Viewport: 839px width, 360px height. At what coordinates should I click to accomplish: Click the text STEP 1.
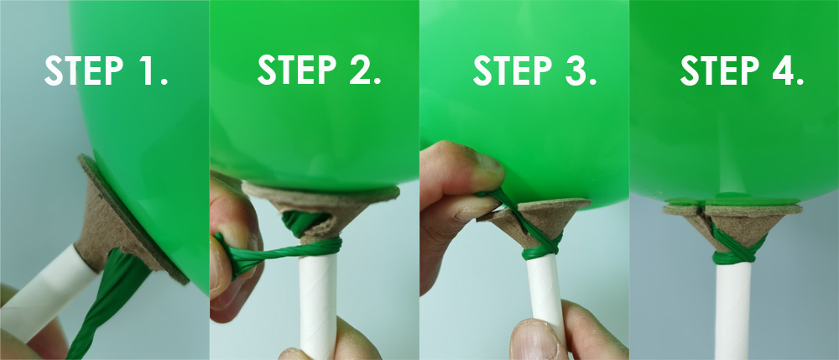(106, 73)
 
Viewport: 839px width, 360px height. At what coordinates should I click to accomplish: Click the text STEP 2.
(319, 70)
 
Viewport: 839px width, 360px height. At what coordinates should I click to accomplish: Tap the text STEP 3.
(534, 71)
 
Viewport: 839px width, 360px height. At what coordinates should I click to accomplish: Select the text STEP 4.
(742, 71)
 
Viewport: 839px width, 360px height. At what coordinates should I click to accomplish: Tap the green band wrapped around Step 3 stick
(542, 249)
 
